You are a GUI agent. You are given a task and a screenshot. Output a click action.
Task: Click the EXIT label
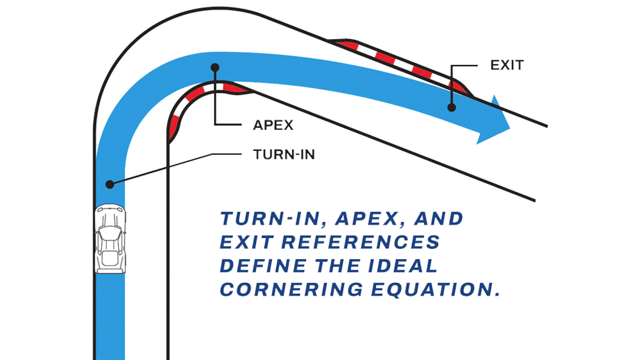(x=507, y=65)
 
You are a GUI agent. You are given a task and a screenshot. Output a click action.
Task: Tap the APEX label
(x=273, y=125)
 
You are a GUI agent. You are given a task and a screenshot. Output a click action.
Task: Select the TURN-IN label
(x=284, y=155)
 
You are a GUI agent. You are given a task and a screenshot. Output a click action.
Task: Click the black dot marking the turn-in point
(x=110, y=184)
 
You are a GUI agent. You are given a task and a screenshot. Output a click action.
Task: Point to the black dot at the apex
(x=215, y=67)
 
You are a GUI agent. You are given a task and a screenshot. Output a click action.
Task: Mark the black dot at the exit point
(x=451, y=107)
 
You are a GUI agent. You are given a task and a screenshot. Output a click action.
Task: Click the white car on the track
(x=110, y=239)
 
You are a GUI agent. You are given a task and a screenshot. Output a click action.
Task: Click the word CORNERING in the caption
(x=291, y=289)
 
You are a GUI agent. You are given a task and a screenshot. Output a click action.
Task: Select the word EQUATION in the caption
(x=436, y=289)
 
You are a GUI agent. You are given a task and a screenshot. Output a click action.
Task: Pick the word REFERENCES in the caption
(x=360, y=242)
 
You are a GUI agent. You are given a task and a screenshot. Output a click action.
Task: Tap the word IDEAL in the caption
(x=403, y=266)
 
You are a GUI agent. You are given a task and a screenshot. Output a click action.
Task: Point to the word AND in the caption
(x=439, y=219)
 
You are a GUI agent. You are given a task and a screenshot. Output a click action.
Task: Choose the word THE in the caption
(x=338, y=266)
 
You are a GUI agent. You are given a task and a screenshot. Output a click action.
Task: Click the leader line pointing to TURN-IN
(x=176, y=167)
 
